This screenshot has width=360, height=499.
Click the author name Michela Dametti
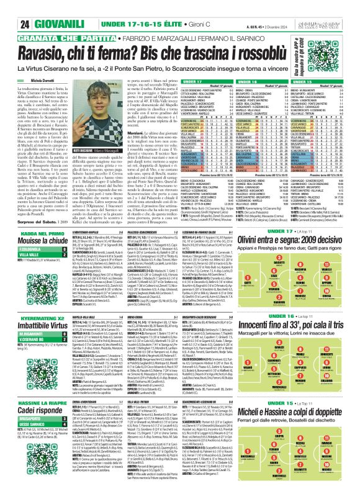pos(35,63)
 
